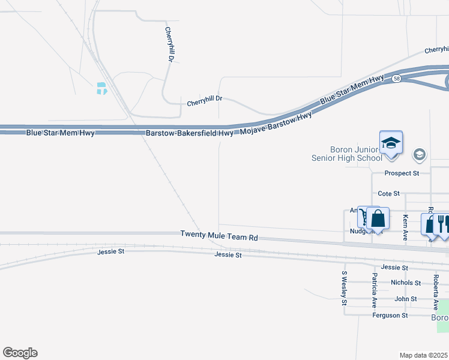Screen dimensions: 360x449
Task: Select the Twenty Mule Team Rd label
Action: point(219,237)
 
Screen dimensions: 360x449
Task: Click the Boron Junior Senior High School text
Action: point(347,154)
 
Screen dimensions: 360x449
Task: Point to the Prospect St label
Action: point(402,173)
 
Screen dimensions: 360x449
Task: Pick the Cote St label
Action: point(389,194)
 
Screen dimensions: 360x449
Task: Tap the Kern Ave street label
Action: point(406,228)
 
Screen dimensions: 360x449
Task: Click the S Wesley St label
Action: point(345,288)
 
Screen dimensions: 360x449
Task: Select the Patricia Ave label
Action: point(375,290)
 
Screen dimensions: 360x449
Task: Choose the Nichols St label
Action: point(405,283)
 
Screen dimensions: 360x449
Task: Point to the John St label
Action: point(406,299)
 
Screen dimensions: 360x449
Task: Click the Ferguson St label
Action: point(390,315)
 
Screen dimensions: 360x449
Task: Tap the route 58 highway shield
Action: point(397,79)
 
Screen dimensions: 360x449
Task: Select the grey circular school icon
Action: point(419,155)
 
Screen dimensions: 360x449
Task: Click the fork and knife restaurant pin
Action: point(442,224)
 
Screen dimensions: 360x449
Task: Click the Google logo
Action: point(20,353)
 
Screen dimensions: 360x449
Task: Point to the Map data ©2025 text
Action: point(423,355)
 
